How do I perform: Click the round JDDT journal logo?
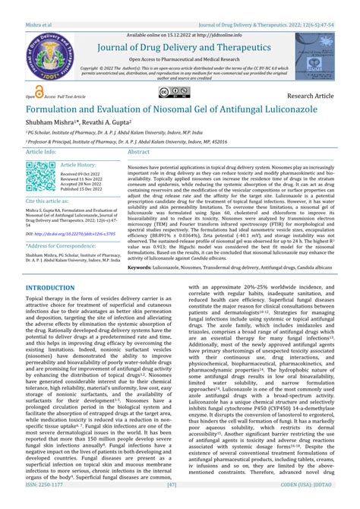coord(42,50)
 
